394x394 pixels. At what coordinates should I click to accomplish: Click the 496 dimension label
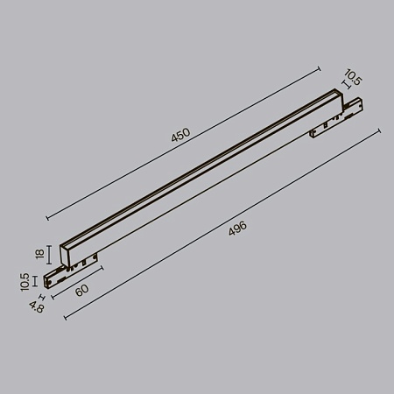tap(236, 229)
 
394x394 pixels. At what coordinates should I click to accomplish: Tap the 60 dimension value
tap(81, 290)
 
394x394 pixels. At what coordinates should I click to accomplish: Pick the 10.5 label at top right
tap(353, 79)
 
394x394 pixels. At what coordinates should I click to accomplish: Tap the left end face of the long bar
tap(66, 254)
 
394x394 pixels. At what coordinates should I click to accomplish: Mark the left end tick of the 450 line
tap(46, 218)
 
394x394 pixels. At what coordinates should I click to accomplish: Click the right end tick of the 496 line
tap(379, 130)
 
